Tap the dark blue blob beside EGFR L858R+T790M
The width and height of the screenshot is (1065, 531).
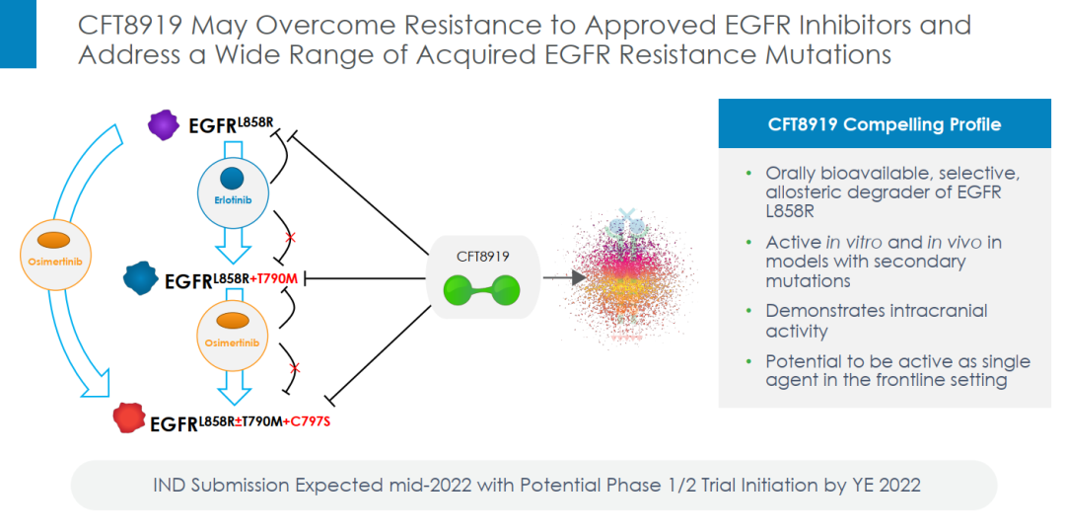point(142,279)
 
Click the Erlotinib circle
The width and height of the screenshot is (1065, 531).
point(232,186)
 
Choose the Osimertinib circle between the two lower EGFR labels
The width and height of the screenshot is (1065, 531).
point(234,329)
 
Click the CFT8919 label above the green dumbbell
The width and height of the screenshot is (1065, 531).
point(481,256)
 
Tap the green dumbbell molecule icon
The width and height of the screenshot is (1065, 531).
point(481,291)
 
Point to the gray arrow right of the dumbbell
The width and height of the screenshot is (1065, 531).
point(557,278)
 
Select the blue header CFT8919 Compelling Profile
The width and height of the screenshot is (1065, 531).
point(884,124)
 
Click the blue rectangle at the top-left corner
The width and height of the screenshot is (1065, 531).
point(18,35)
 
